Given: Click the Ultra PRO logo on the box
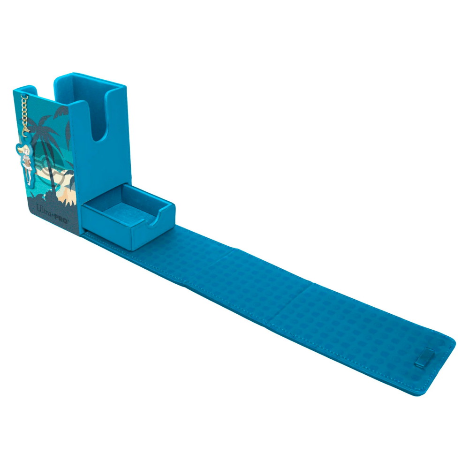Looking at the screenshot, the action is tap(52, 213).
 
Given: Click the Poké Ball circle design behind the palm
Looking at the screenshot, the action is tap(49, 167).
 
